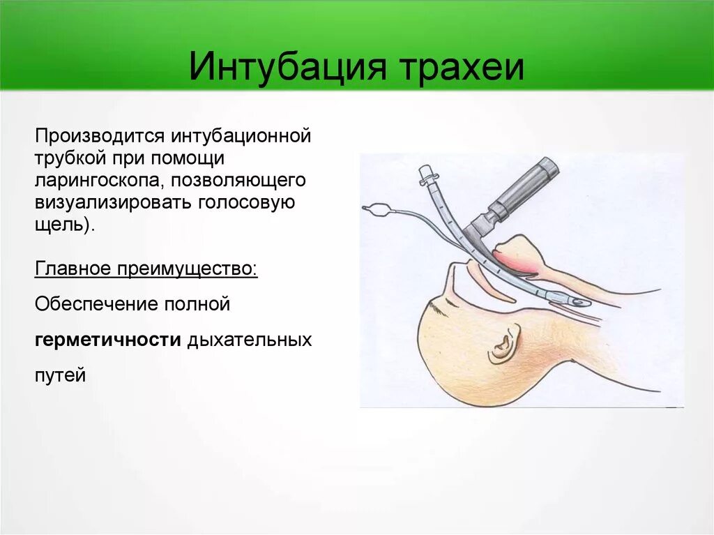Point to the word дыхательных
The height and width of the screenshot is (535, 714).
[x=249, y=340]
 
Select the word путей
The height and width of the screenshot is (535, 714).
[x=60, y=375]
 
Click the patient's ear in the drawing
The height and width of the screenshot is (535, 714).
[x=502, y=345]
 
